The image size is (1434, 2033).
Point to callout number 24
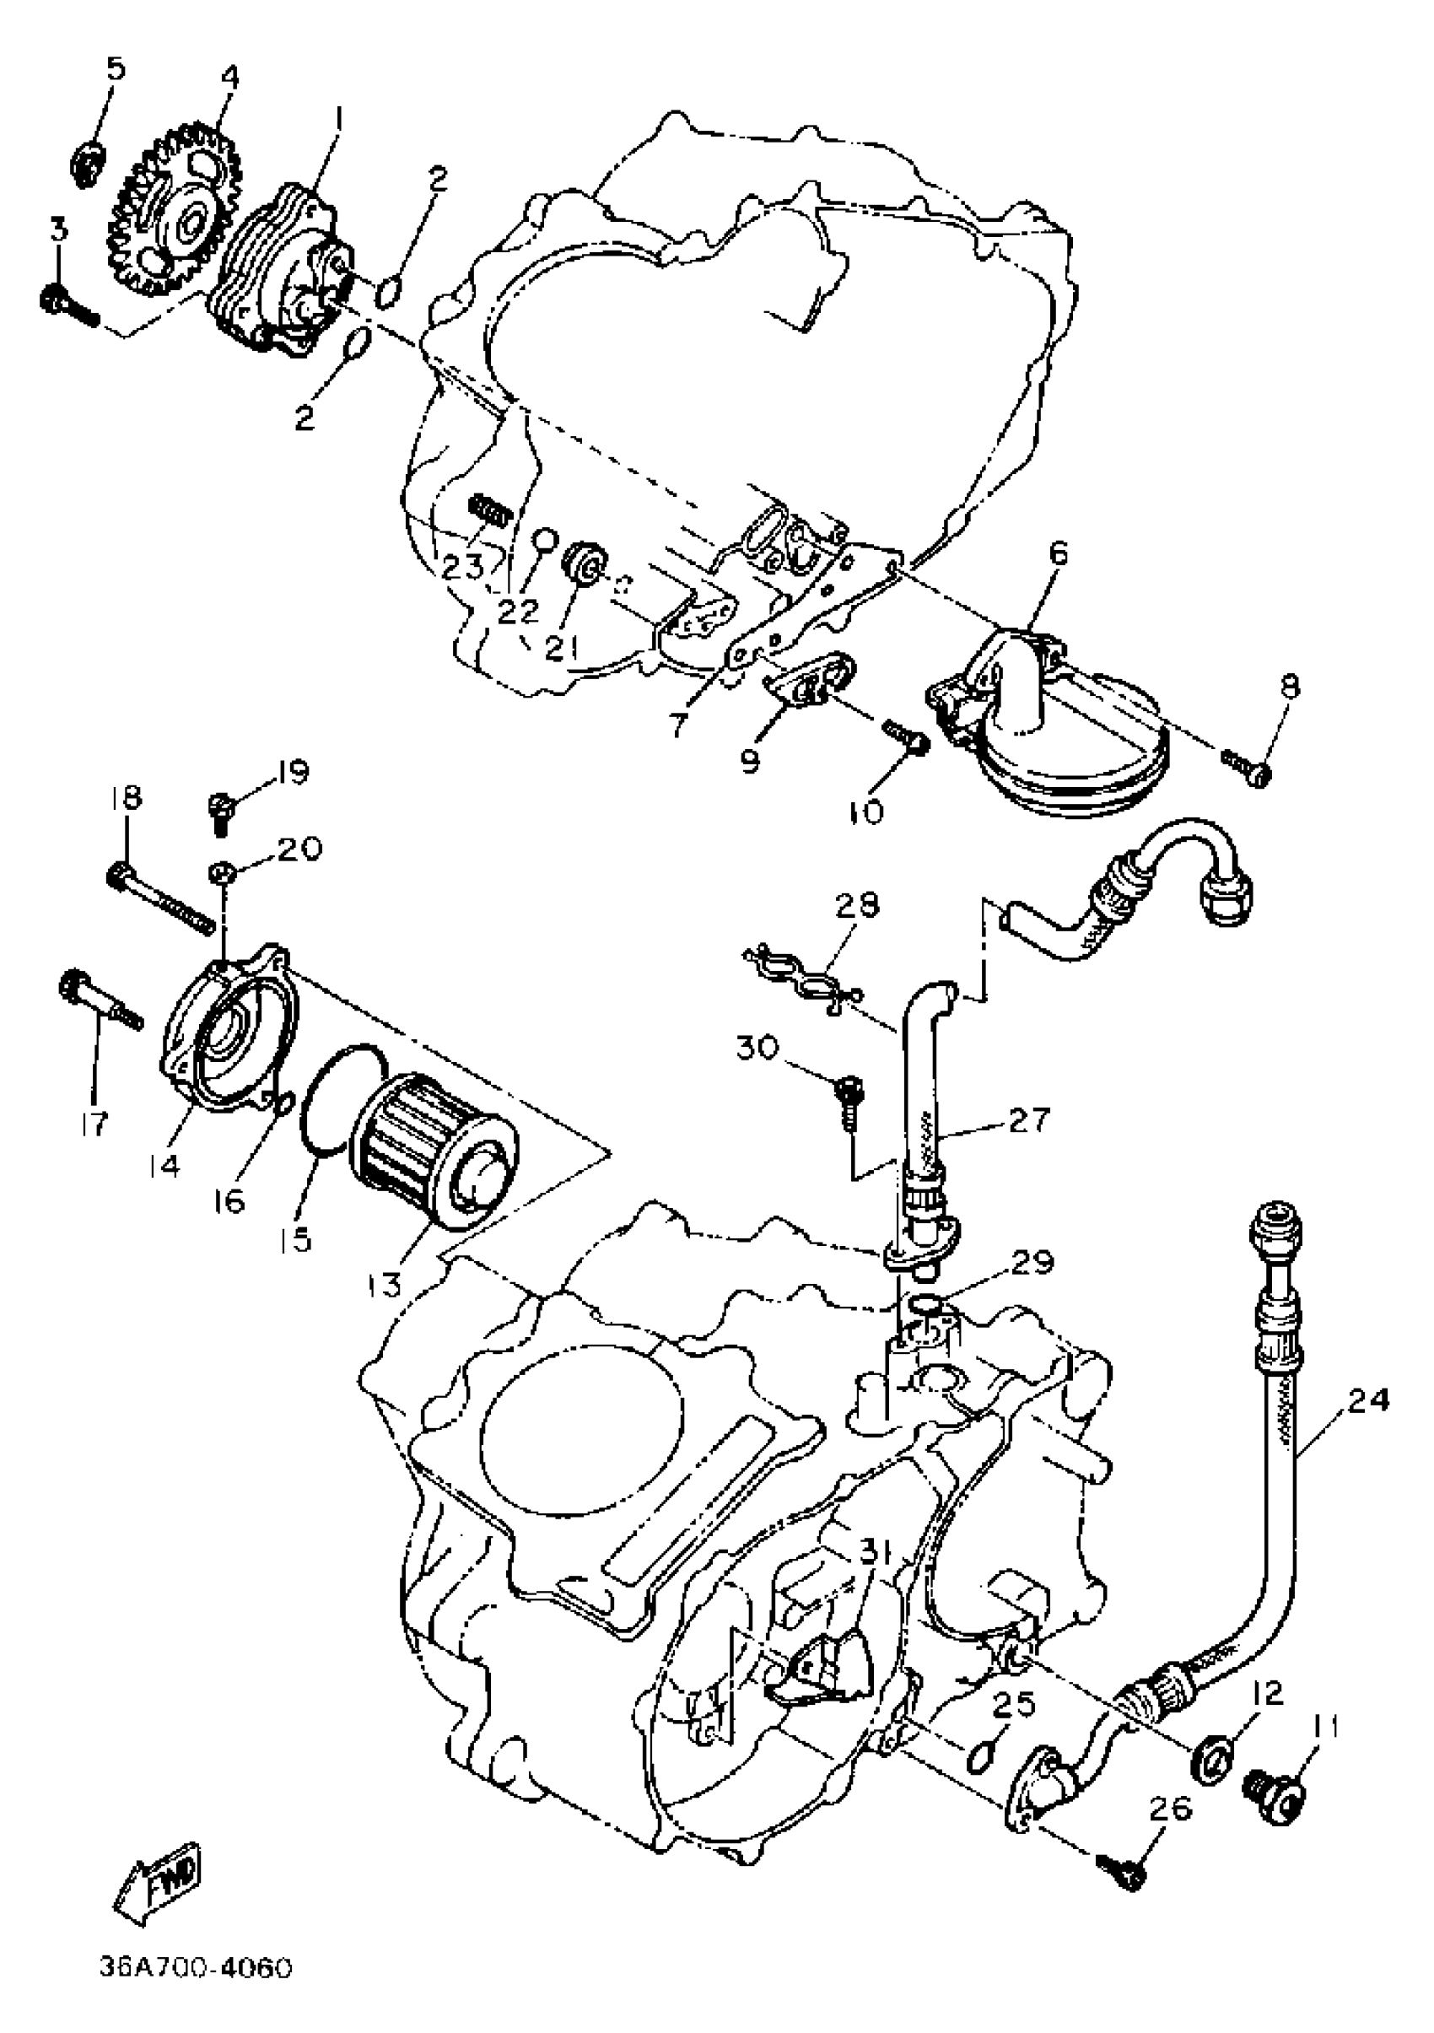tap(1368, 1402)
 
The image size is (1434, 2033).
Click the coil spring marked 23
tap(488, 511)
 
